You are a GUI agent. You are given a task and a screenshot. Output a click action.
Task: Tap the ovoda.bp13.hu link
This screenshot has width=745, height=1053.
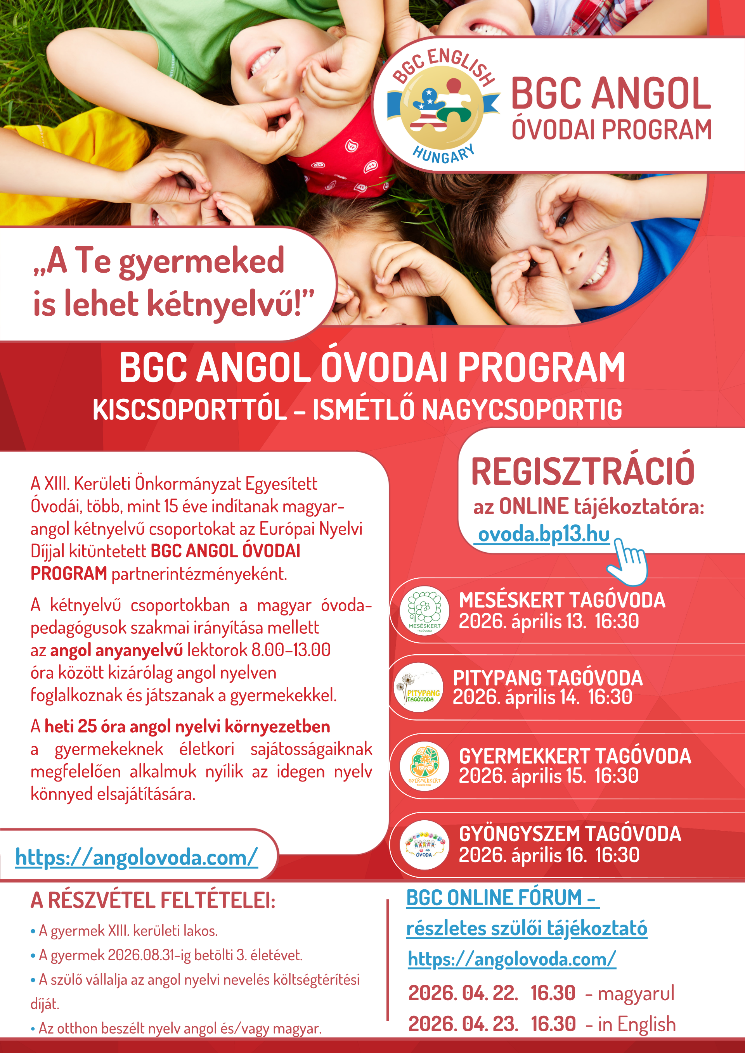544,534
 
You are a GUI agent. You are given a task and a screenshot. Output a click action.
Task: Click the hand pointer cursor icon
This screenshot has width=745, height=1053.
627,562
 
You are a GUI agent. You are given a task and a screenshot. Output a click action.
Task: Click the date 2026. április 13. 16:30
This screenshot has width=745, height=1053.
549,621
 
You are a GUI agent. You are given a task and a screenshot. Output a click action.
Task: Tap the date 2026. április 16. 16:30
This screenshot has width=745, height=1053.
549,855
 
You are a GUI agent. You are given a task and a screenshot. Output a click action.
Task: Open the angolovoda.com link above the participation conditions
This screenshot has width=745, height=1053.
136,857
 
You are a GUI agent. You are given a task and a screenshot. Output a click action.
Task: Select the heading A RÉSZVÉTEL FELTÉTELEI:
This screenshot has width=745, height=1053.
153,900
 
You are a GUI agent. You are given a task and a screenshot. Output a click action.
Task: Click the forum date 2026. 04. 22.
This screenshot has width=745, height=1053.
463,993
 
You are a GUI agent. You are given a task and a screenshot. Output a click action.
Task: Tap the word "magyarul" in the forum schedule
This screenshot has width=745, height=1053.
636,993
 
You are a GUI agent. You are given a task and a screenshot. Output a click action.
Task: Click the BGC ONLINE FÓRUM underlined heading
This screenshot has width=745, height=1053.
502,898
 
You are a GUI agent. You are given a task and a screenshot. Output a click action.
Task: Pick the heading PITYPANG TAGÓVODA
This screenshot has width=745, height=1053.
548,678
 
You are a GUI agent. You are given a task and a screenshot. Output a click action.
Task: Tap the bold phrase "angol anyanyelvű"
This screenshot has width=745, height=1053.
116,650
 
